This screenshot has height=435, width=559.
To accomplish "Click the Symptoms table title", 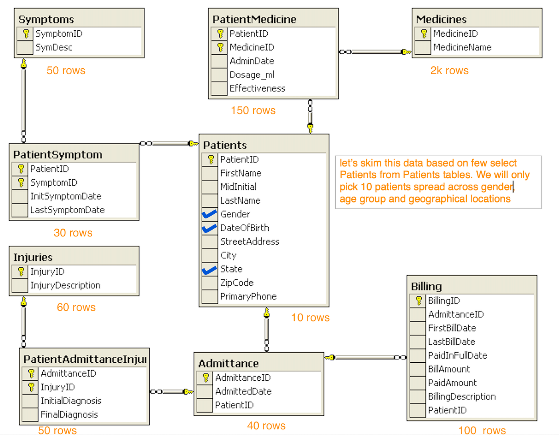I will (46, 19).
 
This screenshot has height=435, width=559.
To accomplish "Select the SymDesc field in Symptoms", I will (54, 48).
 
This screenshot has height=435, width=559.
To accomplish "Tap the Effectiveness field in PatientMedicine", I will (257, 88).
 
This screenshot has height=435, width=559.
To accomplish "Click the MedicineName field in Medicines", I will (462, 48).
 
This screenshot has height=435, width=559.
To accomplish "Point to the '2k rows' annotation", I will (449, 71).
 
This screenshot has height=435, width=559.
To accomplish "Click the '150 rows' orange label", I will (253, 111).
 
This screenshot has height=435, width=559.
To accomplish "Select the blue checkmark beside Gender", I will (209, 214).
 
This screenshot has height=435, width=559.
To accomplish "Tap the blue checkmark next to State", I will (209, 270).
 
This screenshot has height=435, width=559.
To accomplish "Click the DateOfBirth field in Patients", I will (244, 228).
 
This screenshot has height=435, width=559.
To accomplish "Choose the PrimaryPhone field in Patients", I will (248, 296).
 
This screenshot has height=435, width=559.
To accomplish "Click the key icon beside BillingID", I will (418, 300).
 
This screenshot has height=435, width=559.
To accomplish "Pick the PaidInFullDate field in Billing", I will (457, 356).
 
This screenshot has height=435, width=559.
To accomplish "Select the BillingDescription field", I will (462, 397).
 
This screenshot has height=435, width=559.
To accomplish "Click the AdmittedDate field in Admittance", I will (243, 391).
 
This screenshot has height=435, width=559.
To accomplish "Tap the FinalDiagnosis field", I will (69, 415).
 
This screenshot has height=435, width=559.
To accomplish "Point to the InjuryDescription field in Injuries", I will (65, 285).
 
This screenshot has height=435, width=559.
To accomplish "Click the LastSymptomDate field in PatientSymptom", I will (67, 210).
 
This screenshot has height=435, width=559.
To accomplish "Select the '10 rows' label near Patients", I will (310, 318).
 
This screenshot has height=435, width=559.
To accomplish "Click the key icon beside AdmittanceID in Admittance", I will (206, 377).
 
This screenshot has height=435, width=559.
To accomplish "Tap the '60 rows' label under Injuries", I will (76, 307).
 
